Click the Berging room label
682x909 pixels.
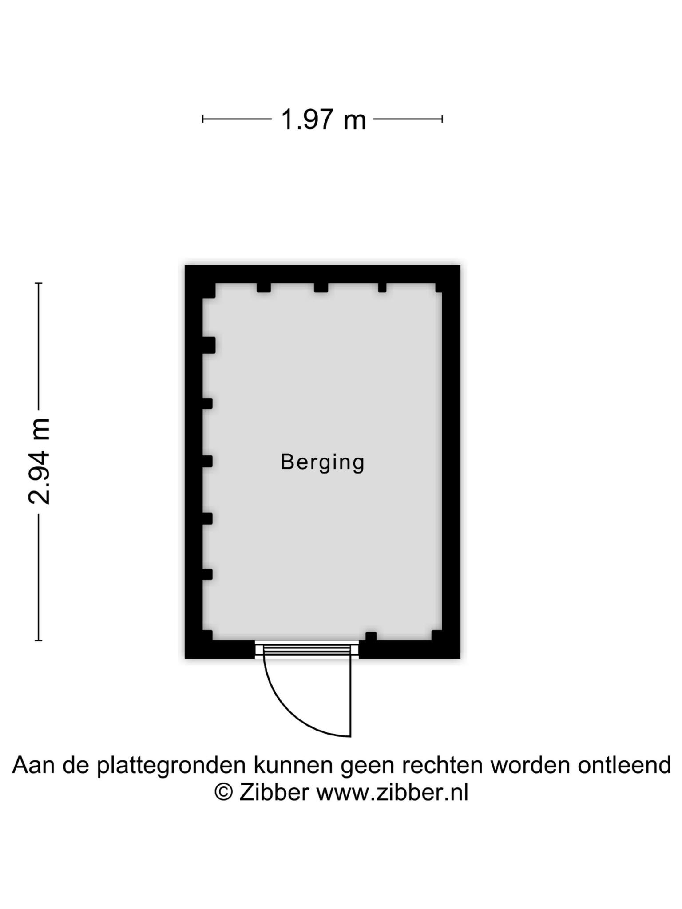[322, 462]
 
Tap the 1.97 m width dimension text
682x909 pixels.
[323, 119]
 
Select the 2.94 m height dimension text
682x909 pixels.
[39, 462]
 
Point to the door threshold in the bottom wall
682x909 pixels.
[307, 650]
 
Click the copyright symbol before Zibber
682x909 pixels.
[224, 791]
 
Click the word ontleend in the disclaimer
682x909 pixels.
[624, 764]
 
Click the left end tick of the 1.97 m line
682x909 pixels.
[203, 119]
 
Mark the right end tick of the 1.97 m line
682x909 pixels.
[442, 119]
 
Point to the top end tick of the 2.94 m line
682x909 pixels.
[39, 283]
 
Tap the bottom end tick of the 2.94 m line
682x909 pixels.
[39, 640]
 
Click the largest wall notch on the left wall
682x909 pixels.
[209, 345]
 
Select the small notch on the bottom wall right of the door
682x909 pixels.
[371, 636]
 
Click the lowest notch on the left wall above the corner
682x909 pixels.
[207, 574]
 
